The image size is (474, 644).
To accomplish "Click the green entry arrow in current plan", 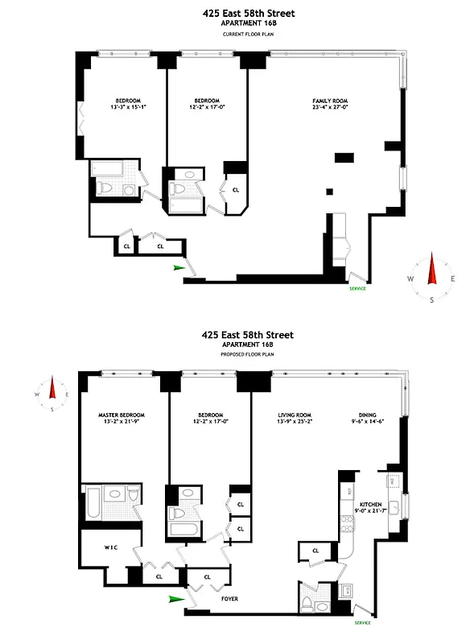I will click(179, 268).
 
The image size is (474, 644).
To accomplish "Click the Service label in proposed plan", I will click(363, 622).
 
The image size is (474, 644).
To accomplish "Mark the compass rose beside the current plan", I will click(431, 279).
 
